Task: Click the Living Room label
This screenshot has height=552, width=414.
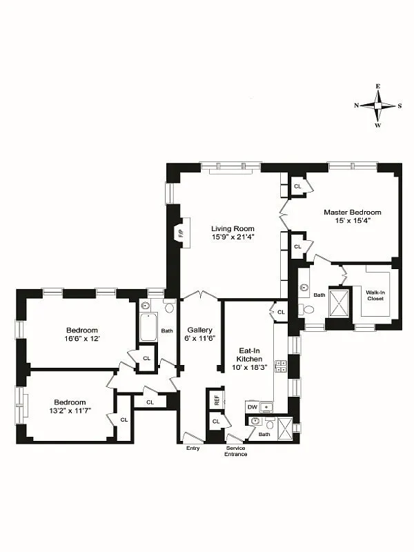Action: pyautogui.click(x=233, y=228)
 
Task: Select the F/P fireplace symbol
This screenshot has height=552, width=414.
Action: pyautogui.click(x=181, y=233)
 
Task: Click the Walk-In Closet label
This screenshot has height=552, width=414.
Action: pyautogui.click(x=376, y=296)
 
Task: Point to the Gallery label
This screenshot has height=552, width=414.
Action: pyautogui.click(x=199, y=329)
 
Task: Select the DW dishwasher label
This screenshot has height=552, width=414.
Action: pyautogui.click(x=253, y=407)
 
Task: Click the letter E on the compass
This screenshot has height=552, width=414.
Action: pyautogui.click(x=377, y=86)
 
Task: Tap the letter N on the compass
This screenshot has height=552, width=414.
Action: pyautogui.click(x=356, y=106)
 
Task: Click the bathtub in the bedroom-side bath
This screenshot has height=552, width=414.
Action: pyautogui.click(x=148, y=328)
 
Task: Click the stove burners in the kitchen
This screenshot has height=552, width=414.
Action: pyautogui.click(x=281, y=366)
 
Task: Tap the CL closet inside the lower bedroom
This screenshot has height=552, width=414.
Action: pyautogui.click(x=124, y=420)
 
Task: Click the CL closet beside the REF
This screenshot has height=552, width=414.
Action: pyautogui.click(x=216, y=421)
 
